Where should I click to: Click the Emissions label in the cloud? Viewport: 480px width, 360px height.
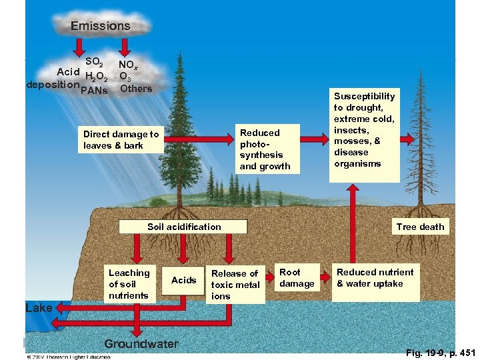coord(101,26)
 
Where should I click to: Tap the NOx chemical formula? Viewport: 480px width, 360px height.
coord(128,65)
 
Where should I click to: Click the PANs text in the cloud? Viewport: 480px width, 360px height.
coord(93,90)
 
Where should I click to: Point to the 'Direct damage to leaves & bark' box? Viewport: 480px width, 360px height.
coord(121,140)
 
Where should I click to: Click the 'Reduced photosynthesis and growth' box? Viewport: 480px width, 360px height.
coord(265,149)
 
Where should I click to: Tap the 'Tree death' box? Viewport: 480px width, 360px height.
coord(419,227)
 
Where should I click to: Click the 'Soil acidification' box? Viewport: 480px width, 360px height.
coord(183,227)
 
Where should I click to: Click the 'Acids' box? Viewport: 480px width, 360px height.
coord(183,280)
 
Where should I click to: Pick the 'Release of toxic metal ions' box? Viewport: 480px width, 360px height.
coord(235,285)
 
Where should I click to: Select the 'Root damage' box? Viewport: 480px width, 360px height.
coord(297,278)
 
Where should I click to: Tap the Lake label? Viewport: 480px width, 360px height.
coord(39,308)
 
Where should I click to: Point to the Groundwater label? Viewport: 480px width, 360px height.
coord(141,344)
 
